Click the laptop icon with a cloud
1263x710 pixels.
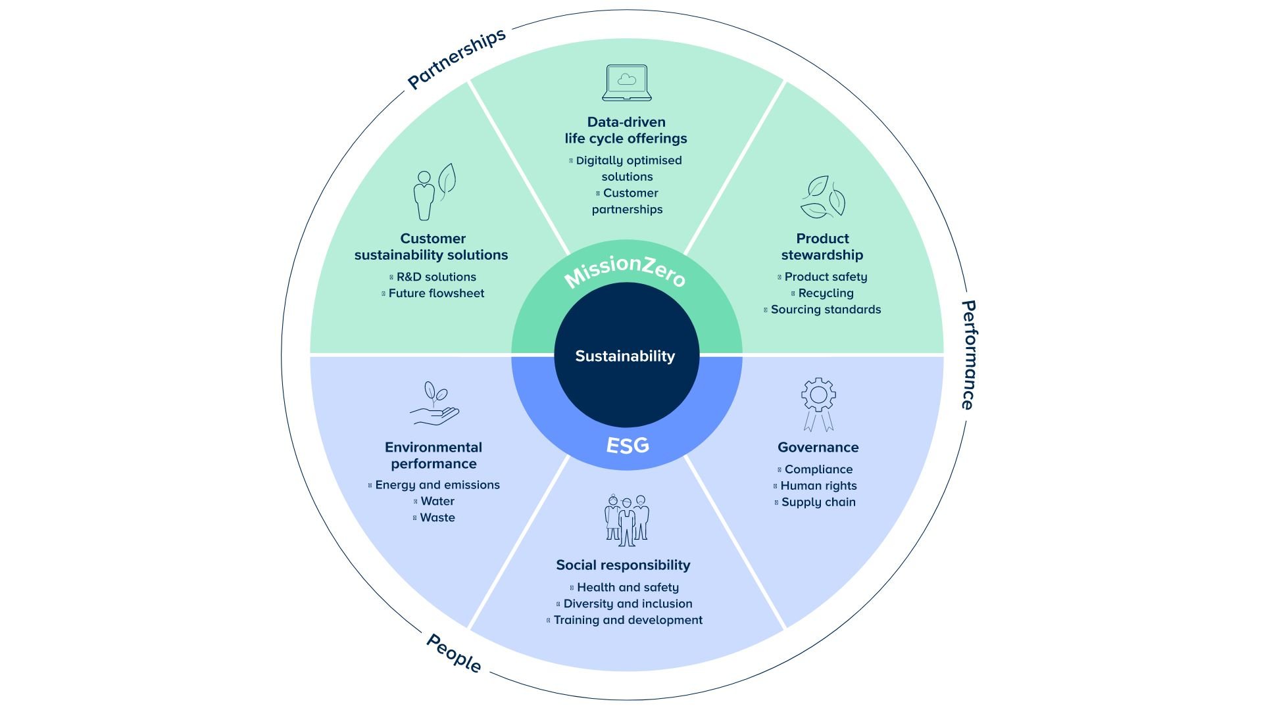tap(627, 83)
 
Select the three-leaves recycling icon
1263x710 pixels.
tap(822, 197)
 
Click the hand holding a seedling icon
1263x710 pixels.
tap(434, 403)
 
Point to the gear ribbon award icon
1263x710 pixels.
tap(818, 404)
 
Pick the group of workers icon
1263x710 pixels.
tap(627, 520)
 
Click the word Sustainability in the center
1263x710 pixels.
tap(625, 356)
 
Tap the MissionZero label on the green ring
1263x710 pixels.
tap(626, 270)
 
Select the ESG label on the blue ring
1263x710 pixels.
tap(628, 446)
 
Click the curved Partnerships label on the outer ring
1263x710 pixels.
tap(457, 58)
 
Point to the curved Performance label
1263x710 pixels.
tap(968, 355)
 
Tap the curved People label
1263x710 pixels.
tap(454, 653)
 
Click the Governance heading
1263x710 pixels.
tap(818, 448)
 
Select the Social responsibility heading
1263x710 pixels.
tap(623, 565)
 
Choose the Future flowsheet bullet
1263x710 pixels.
tap(433, 293)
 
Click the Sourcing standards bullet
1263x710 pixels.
tap(822, 310)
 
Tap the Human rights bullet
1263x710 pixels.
tap(815, 486)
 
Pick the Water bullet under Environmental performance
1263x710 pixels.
tap(434, 501)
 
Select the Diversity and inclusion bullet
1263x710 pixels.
tap(624, 603)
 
